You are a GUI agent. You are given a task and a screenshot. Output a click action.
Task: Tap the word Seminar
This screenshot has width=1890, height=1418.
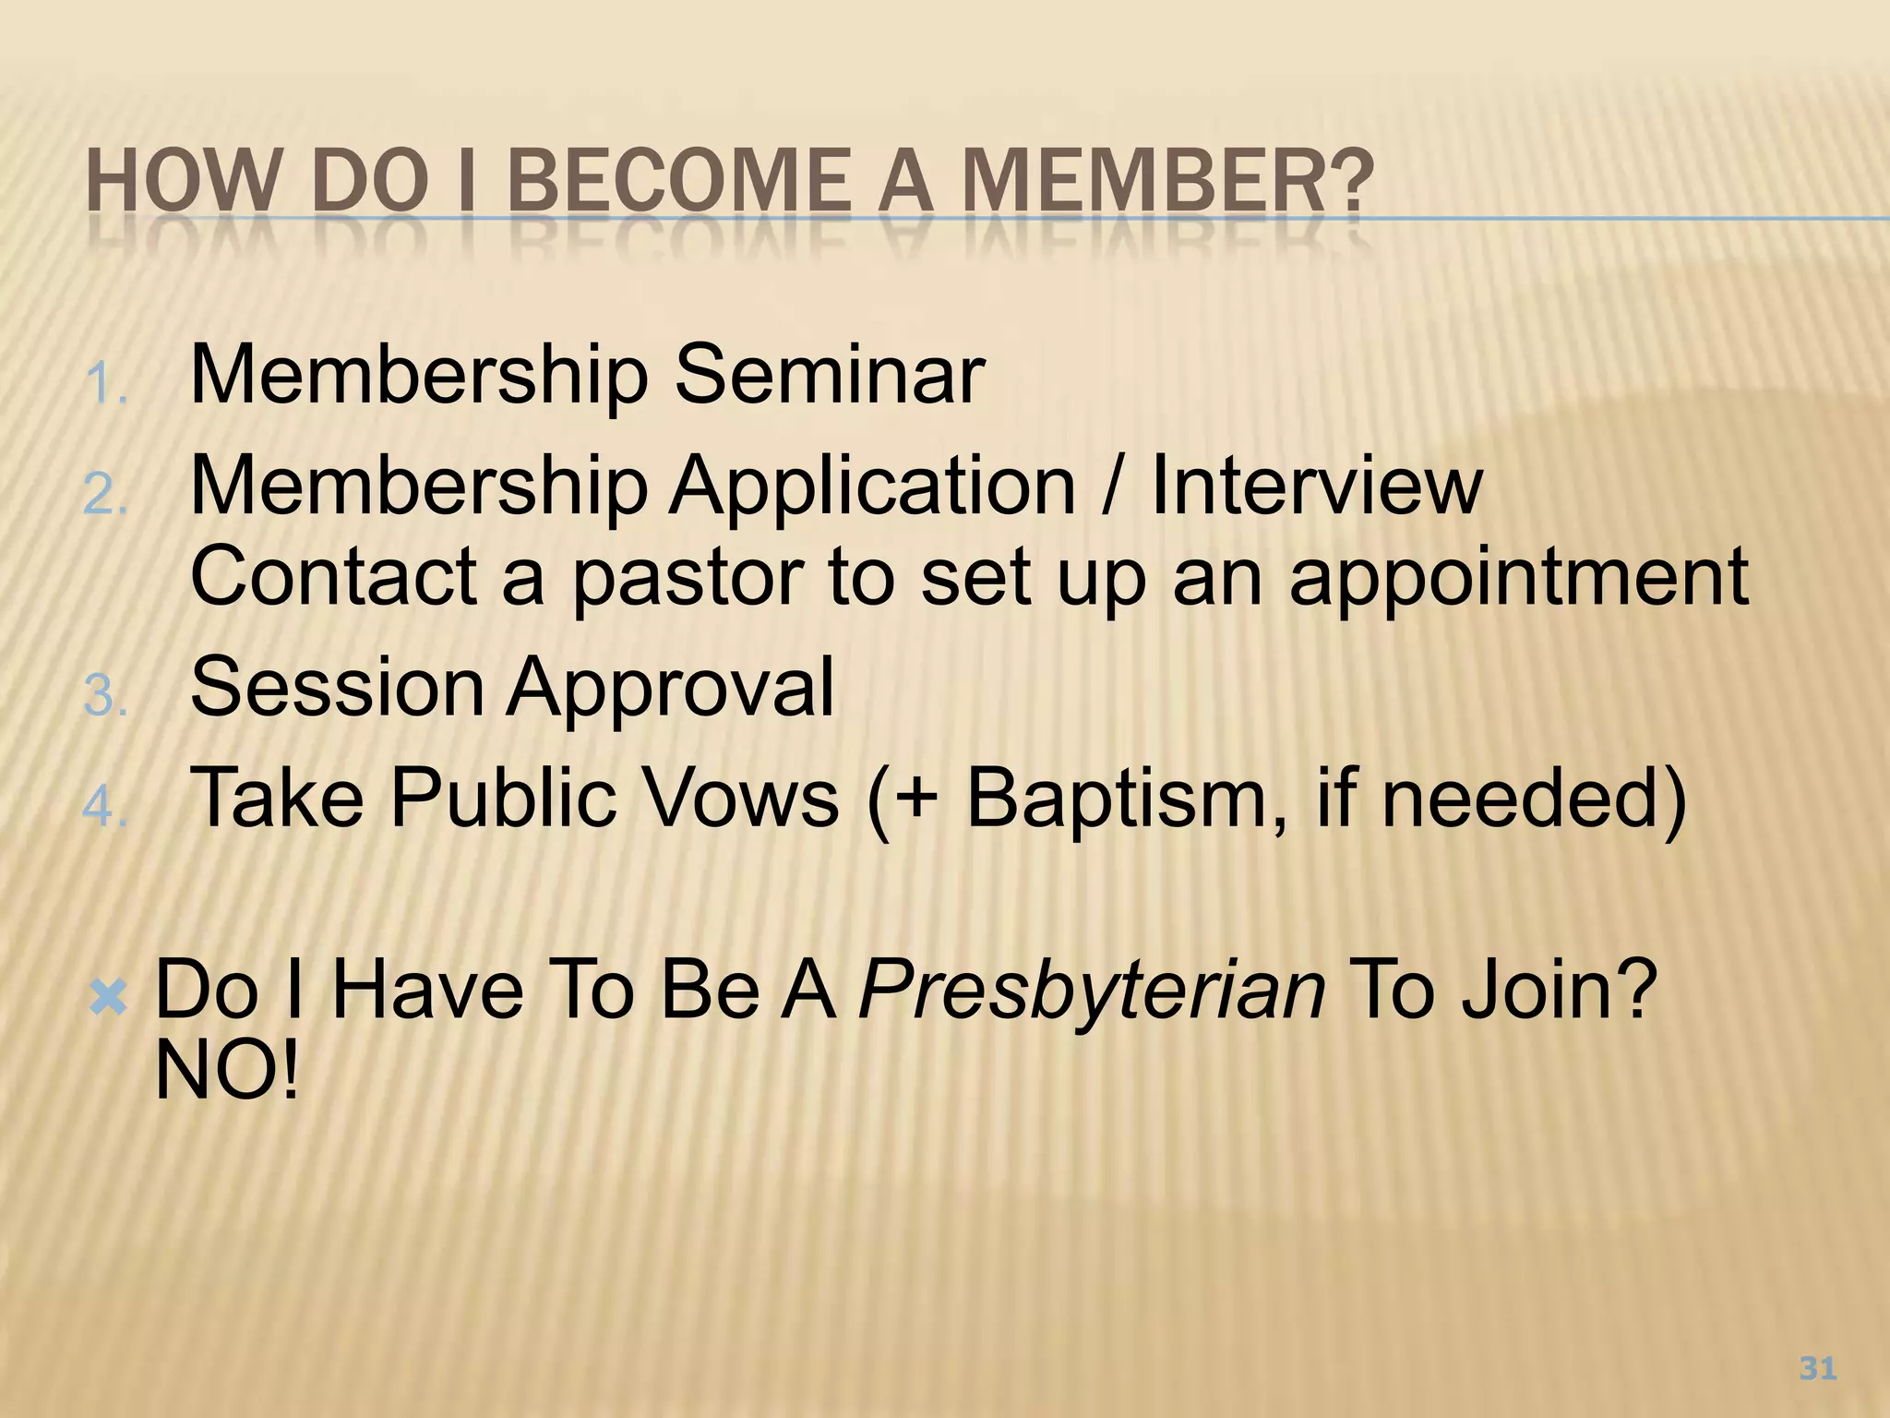829,375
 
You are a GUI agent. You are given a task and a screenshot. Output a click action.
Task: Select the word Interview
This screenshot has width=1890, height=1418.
1316,486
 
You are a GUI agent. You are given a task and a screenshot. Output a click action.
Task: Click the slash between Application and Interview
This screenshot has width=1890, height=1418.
1114,486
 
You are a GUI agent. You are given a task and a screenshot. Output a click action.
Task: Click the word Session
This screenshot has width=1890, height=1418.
337,687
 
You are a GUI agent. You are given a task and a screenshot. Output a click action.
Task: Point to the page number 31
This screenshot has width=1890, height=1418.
1817,1368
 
